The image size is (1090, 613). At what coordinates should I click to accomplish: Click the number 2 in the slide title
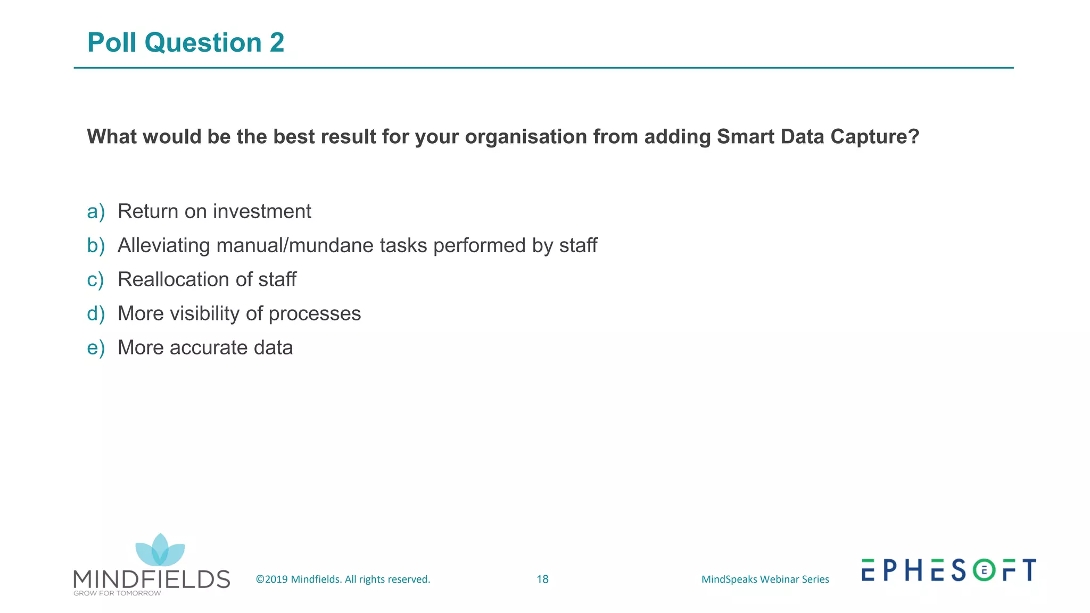click(277, 43)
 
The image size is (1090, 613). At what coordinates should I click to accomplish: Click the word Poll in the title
click(112, 43)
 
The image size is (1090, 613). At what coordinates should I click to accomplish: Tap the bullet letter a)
click(96, 212)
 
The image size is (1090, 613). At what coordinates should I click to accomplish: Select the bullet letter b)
click(96, 246)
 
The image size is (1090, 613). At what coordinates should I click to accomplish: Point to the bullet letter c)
click(96, 280)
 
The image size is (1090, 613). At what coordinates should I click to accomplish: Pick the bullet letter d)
click(96, 314)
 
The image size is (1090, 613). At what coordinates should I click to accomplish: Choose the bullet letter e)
click(96, 348)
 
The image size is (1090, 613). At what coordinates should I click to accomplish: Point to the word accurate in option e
click(209, 348)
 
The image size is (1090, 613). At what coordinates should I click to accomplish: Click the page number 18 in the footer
click(542, 579)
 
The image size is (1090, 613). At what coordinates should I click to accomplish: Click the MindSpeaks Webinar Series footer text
click(765, 579)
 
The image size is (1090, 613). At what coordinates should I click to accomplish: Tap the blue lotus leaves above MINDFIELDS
click(160, 551)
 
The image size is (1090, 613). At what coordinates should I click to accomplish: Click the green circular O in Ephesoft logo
click(984, 570)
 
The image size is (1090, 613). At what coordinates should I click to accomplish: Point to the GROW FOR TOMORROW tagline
click(117, 593)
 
